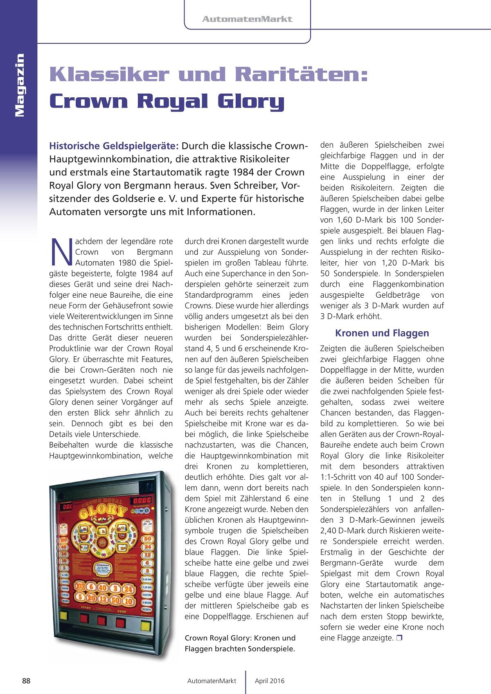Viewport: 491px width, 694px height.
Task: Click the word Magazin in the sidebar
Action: [x=19, y=85]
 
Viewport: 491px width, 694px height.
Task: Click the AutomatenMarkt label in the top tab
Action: [x=247, y=19]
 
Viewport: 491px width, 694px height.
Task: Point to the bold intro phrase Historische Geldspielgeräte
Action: [x=114, y=146]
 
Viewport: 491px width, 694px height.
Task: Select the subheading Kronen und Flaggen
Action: [x=382, y=333]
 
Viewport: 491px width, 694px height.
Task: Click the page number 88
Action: [x=26, y=681]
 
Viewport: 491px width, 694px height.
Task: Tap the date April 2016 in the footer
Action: [x=269, y=681]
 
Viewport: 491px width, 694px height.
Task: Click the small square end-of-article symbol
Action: [x=399, y=638]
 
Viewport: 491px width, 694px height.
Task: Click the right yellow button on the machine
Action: [x=146, y=626]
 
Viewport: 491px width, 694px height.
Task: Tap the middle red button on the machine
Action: [x=102, y=621]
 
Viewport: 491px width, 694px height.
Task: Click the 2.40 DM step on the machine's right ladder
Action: [x=147, y=579]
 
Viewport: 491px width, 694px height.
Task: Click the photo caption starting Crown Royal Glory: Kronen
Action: [x=240, y=643]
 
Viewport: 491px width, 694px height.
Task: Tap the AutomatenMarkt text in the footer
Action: [x=212, y=681]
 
